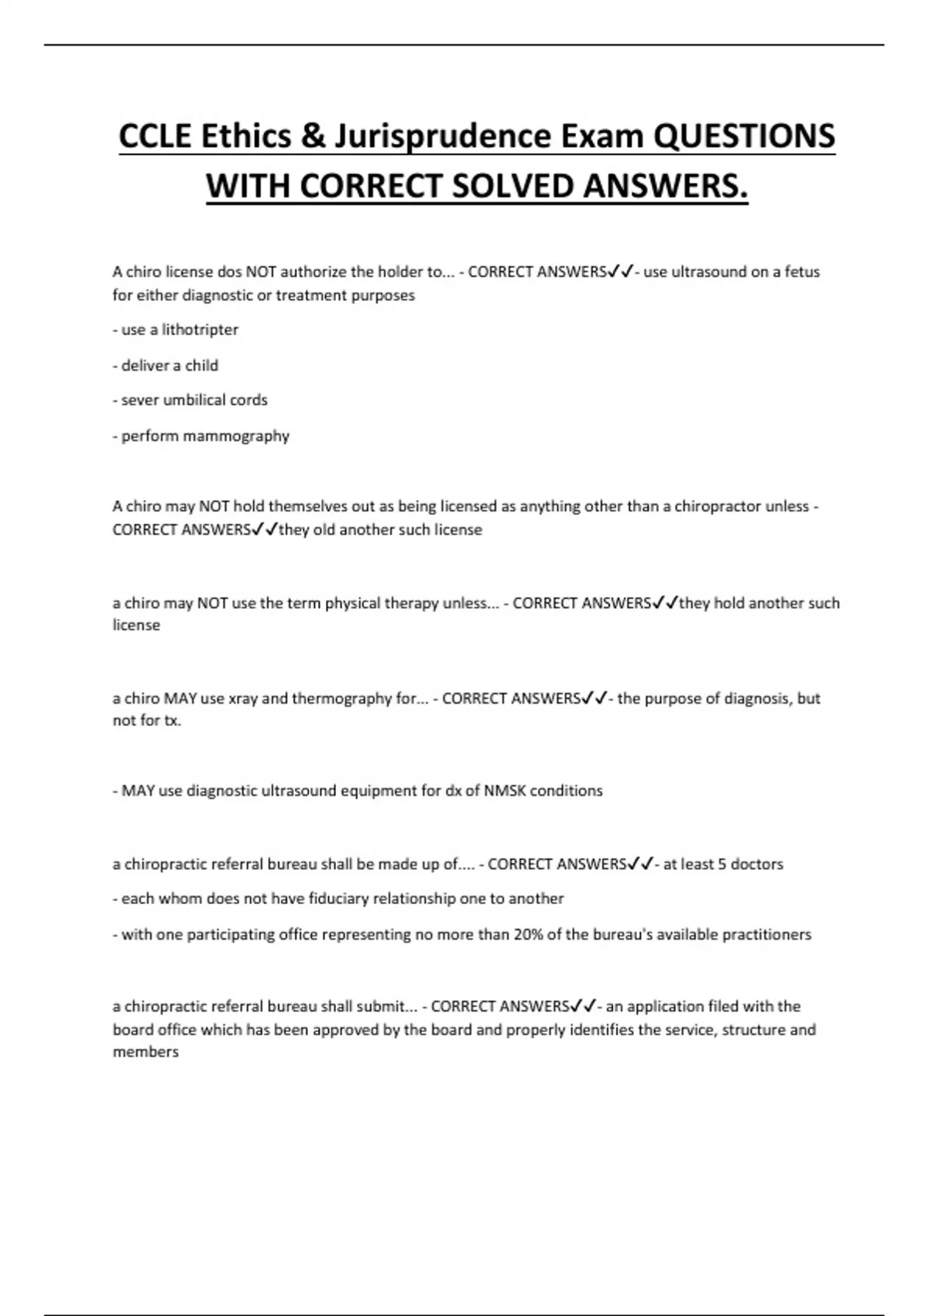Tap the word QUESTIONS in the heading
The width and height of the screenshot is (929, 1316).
pos(744,137)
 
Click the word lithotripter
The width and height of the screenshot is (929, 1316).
pos(200,330)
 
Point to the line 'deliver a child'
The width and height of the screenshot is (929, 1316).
pos(166,365)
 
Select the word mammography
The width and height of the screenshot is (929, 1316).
pos(243,437)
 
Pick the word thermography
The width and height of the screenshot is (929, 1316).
pos(341,698)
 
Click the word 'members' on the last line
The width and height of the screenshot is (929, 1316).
pos(146,1052)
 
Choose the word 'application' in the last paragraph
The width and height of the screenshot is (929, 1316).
pos(663,1006)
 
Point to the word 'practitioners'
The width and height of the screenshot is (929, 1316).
pos(766,934)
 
